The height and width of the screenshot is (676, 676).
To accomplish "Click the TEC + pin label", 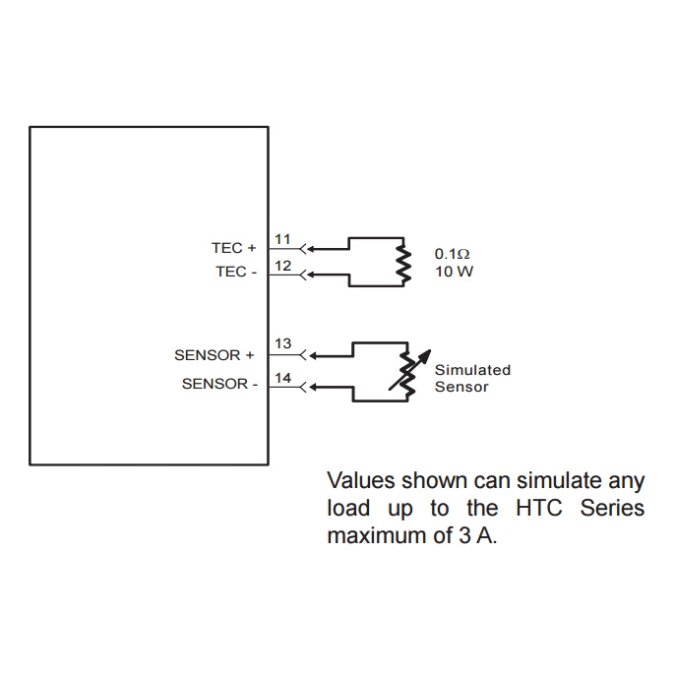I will [233, 248].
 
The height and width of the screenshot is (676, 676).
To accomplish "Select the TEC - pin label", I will [236, 272].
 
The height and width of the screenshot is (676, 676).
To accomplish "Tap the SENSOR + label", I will [214, 354].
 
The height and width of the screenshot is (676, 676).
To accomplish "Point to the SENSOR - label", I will [219, 384].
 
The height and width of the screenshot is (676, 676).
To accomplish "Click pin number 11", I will [282, 239].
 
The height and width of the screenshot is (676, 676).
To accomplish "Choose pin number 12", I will [282, 265].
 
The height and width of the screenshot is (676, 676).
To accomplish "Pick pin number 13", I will [282, 344].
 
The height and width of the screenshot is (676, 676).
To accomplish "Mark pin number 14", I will [282, 377].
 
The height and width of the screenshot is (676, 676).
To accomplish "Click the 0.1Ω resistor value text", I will [452, 253].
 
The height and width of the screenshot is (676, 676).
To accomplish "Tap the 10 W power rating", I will [454, 271].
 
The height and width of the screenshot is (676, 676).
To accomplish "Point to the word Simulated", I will [472, 370].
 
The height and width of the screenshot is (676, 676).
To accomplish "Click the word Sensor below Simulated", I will [461, 387].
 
